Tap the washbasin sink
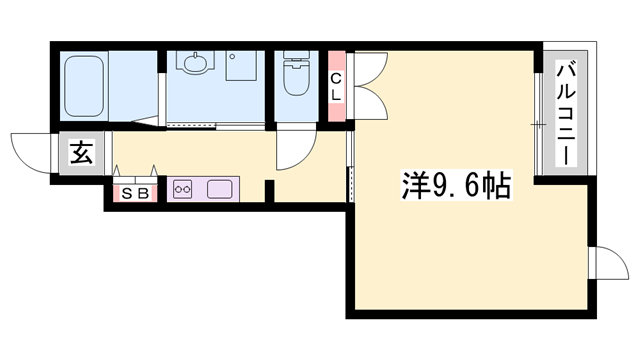pos(195,63)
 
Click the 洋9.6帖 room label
pos(443,185)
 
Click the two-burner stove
pos(184,189)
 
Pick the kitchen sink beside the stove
pos(219,189)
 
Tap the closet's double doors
pos(364,84)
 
